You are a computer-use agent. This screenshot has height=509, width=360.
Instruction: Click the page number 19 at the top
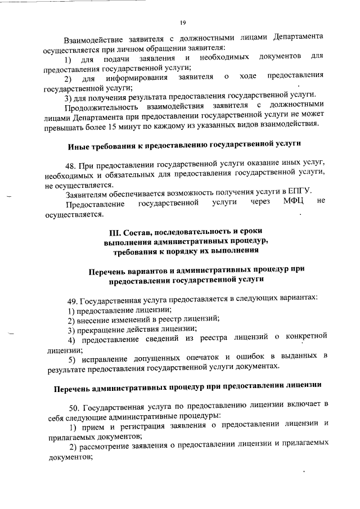pos(183,22)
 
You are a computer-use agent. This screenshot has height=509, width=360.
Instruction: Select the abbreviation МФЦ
pos(294,202)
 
